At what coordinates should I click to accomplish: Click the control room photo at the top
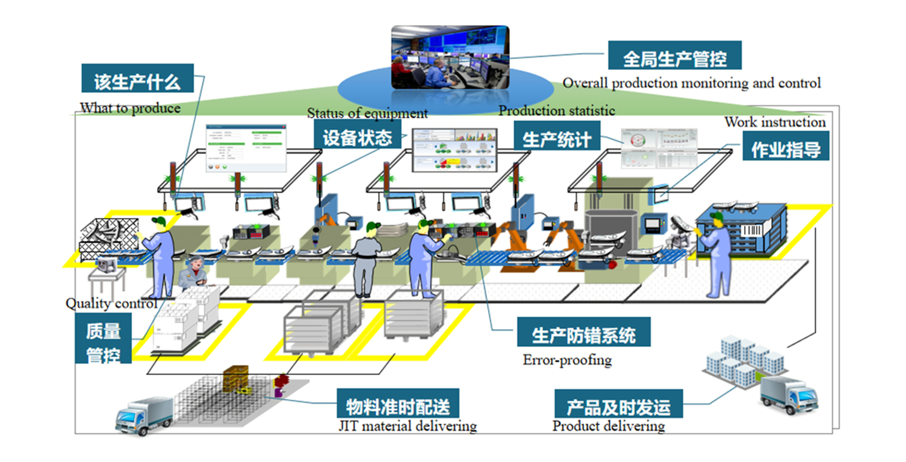tap(450, 57)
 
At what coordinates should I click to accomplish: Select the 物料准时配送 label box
tap(397, 404)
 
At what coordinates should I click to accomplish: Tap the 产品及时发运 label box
tap(618, 404)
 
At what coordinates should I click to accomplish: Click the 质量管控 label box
tap(103, 339)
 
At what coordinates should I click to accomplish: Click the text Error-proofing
tap(567, 360)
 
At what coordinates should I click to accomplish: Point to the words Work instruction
tap(775, 122)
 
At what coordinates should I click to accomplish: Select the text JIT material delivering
tap(408, 426)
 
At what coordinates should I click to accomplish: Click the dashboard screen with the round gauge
tap(658, 148)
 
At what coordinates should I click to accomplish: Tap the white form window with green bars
tap(246, 148)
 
